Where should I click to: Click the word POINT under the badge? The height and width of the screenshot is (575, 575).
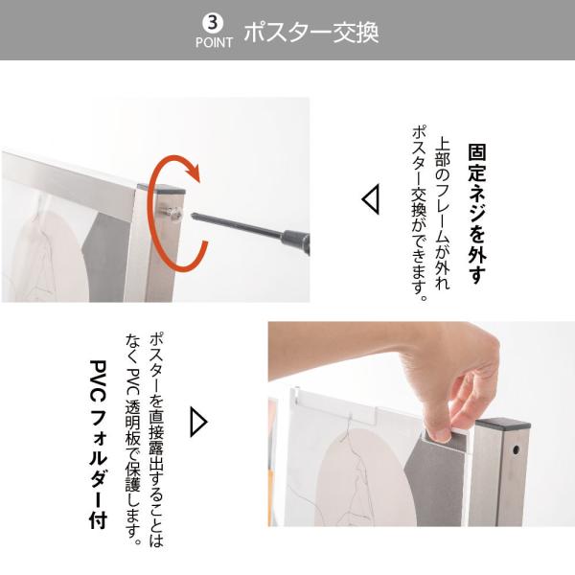(x=214, y=43)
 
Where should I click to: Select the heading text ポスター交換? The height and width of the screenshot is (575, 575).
(x=310, y=32)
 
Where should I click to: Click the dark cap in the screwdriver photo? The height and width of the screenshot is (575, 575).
(x=164, y=179)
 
